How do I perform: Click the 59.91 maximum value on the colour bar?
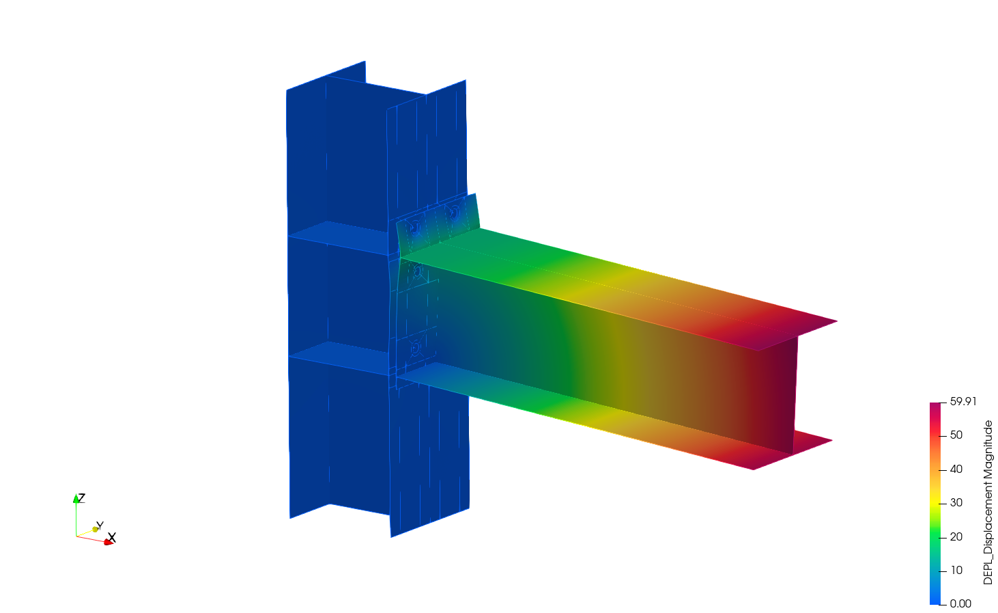pyautogui.click(x=963, y=402)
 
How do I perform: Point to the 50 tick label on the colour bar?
pyautogui.click(x=956, y=435)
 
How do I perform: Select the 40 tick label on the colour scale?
pyautogui.click(x=956, y=469)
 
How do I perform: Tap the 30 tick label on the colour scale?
pyautogui.click(x=956, y=503)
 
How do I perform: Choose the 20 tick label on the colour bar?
pyautogui.click(x=956, y=536)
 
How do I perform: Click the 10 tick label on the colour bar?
pyautogui.click(x=956, y=570)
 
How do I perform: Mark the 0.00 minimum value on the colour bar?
pyautogui.click(x=960, y=604)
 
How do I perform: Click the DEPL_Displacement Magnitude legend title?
pyautogui.click(x=988, y=502)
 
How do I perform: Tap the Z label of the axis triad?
pyautogui.click(x=81, y=498)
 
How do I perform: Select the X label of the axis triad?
pyautogui.click(x=112, y=538)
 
